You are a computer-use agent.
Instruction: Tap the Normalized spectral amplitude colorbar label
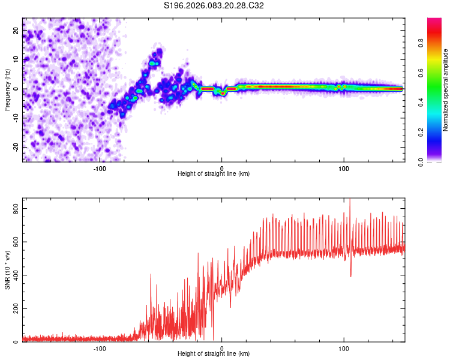pyautogui.click(x=446, y=90)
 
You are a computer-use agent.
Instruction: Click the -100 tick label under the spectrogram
pyautogui.click(x=100, y=169)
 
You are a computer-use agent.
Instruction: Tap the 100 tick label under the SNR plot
pyautogui.click(x=344, y=349)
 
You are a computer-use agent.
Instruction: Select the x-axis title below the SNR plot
pyautogui.click(x=214, y=355)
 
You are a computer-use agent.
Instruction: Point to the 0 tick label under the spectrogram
pyautogui.click(x=222, y=169)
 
